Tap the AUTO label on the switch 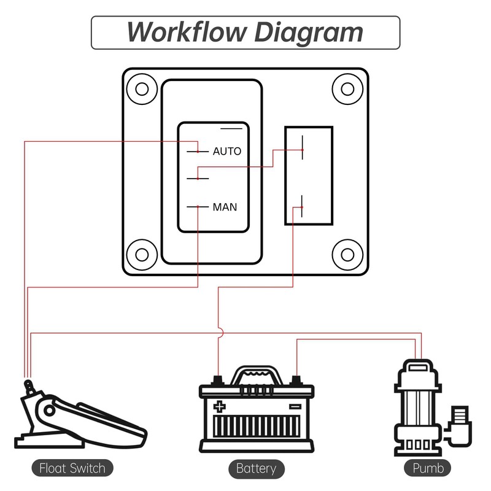coord(227,151)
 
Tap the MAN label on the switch coord(225,207)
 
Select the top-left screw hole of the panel coord(142,88)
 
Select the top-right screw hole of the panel coord(348,88)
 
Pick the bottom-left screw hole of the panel coord(142,253)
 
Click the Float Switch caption coord(72,468)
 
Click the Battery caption coord(256,468)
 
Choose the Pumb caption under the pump coord(428,468)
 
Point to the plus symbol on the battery coord(219,406)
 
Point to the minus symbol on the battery coord(295,406)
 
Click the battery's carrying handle coord(257,374)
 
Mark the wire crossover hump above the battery coord(219,333)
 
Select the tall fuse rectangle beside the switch coord(309,176)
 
